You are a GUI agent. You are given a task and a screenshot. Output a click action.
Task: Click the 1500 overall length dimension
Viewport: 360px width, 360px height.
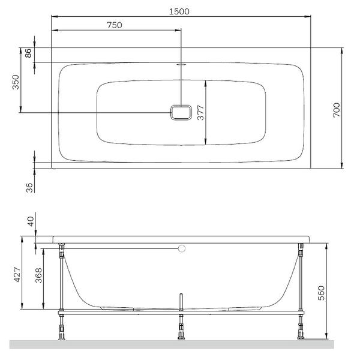[x=179, y=11]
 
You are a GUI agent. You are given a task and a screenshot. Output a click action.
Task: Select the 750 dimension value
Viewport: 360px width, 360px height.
[x=115, y=25]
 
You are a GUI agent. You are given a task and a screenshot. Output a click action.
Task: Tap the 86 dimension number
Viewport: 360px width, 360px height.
[x=28, y=53]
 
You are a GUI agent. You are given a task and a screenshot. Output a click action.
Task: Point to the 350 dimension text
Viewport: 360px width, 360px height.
[x=16, y=82]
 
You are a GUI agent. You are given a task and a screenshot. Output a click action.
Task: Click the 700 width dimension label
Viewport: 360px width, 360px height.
[x=337, y=110]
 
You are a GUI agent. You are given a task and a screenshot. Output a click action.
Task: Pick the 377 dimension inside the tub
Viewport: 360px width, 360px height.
[x=200, y=113]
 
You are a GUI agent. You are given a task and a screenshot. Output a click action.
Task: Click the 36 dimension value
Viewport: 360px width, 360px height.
[x=29, y=188]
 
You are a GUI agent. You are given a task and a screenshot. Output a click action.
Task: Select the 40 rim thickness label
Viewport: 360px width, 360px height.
[x=31, y=221]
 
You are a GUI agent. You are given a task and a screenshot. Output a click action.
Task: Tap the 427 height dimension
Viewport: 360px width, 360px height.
[x=17, y=274]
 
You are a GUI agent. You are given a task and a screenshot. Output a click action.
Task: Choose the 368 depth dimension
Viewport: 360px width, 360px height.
[x=38, y=275]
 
